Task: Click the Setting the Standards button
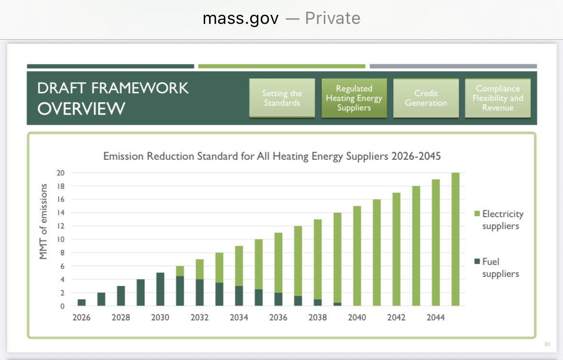(x=282, y=98)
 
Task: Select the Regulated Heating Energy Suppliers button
(x=354, y=98)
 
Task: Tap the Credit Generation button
(x=426, y=98)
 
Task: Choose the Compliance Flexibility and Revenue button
(x=497, y=98)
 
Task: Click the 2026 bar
(x=81, y=302)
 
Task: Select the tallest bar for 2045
(x=455, y=239)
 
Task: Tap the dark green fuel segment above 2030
(x=160, y=289)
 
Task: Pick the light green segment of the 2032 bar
(x=199, y=269)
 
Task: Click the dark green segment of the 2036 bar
(x=278, y=299)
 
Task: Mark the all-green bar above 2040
(x=357, y=256)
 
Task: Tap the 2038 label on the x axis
(x=317, y=318)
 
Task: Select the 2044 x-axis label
(x=435, y=318)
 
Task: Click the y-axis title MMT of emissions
(x=44, y=221)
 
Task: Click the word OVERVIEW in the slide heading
(x=81, y=109)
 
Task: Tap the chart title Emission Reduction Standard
(x=272, y=156)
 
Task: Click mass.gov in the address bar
(x=240, y=19)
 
